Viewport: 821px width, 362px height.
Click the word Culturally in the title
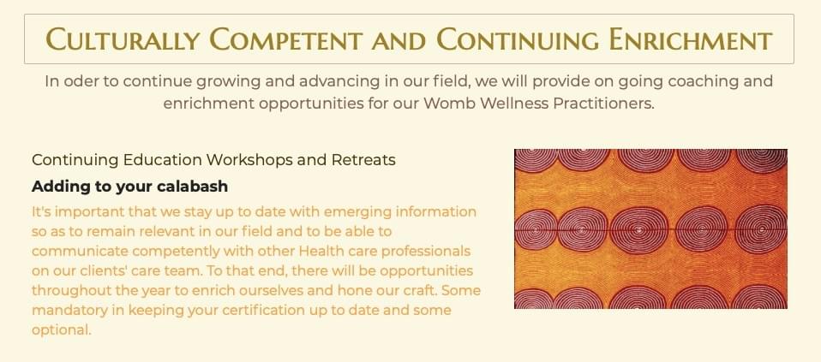click(123, 39)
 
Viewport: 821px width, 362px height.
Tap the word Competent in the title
click(286, 39)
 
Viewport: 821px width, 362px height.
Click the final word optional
click(62, 330)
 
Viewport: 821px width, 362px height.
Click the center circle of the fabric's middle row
click(638, 230)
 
